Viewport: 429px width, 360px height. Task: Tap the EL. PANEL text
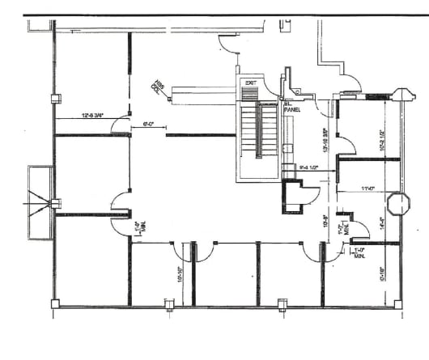(x=291, y=108)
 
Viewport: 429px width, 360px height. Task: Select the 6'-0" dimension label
(x=148, y=125)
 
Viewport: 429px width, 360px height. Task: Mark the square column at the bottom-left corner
(x=55, y=304)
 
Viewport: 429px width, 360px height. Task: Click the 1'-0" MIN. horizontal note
(x=359, y=252)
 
